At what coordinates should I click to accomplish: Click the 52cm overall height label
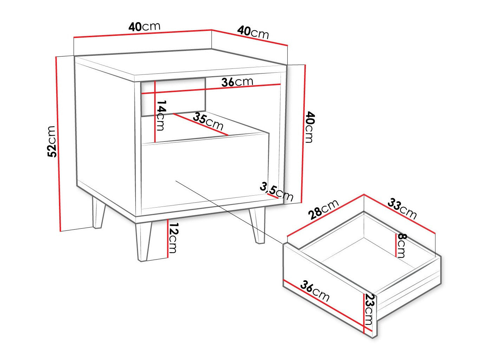(x=52, y=142)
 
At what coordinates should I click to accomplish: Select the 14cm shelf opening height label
(x=162, y=116)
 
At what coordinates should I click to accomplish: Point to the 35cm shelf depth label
(x=208, y=121)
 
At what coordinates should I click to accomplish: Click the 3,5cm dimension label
(x=276, y=192)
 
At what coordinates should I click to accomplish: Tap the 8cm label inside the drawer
(x=402, y=246)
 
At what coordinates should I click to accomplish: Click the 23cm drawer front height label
(x=369, y=309)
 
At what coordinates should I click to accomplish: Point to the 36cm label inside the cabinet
(x=237, y=82)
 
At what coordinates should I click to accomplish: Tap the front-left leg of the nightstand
(x=144, y=241)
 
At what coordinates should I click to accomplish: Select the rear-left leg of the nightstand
(x=99, y=212)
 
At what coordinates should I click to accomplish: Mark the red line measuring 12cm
(x=168, y=238)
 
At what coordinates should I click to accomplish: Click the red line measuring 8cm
(x=396, y=245)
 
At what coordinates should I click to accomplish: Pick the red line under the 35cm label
(x=200, y=124)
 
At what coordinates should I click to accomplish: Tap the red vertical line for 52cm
(x=58, y=144)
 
